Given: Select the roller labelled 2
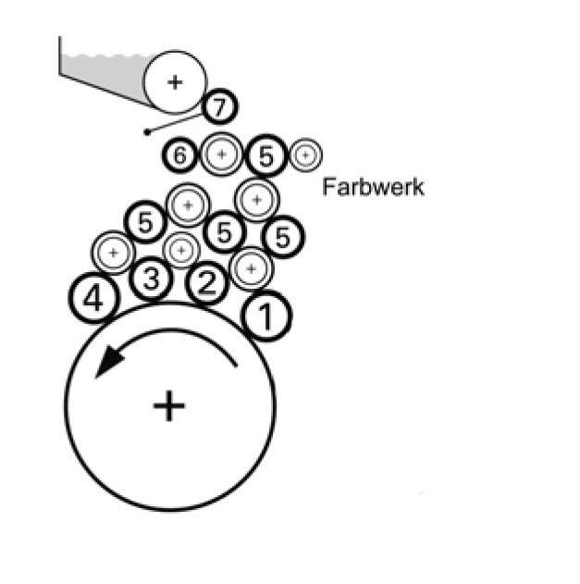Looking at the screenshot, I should click(x=207, y=284).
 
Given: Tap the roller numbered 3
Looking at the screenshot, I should click(x=152, y=279).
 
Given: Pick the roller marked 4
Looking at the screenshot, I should click(x=93, y=299).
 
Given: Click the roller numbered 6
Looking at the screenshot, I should click(x=181, y=155).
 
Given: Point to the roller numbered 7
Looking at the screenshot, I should click(x=218, y=107).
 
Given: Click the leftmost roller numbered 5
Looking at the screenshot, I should click(x=145, y=222).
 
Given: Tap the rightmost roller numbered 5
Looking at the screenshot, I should click(x=283, y=236).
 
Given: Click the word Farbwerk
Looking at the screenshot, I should click(x=373, y=187).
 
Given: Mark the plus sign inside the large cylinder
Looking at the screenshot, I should click(x=168, y=404).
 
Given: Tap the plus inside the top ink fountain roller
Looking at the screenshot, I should click(x=175, y=81).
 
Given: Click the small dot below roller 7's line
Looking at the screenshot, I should click(x=147, y=132).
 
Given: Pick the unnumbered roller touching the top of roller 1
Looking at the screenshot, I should click(x=249, y=268).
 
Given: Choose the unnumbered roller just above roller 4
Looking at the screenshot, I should click(x=114, y=251).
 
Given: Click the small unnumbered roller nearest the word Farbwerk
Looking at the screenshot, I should click(x=304, y=155).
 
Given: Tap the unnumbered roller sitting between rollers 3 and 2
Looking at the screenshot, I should click(x=180, y=249).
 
